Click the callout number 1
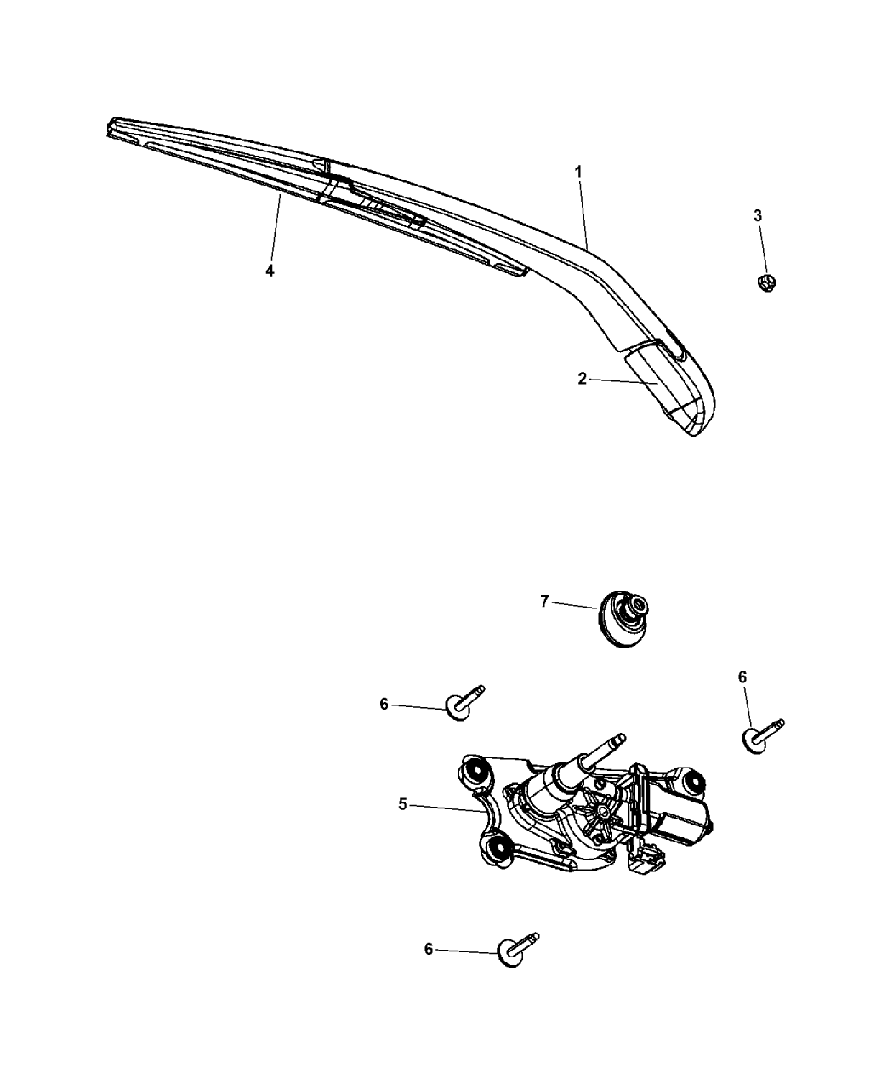[x=578, y=172]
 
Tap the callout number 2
[x=582, y=379]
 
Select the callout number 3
[x=758, y=215]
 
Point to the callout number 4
[x=270, y=271]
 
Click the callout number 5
[x=402, y=804]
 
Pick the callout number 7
[x=544, y=602]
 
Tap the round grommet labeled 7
[x=623, y=619]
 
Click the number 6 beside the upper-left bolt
[x=384, y=704]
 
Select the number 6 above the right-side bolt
[x=742, y=677]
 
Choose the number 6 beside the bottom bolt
[x=429, y=950]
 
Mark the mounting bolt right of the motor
[x=761, y=736]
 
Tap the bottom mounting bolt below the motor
[x=518, y=950]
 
